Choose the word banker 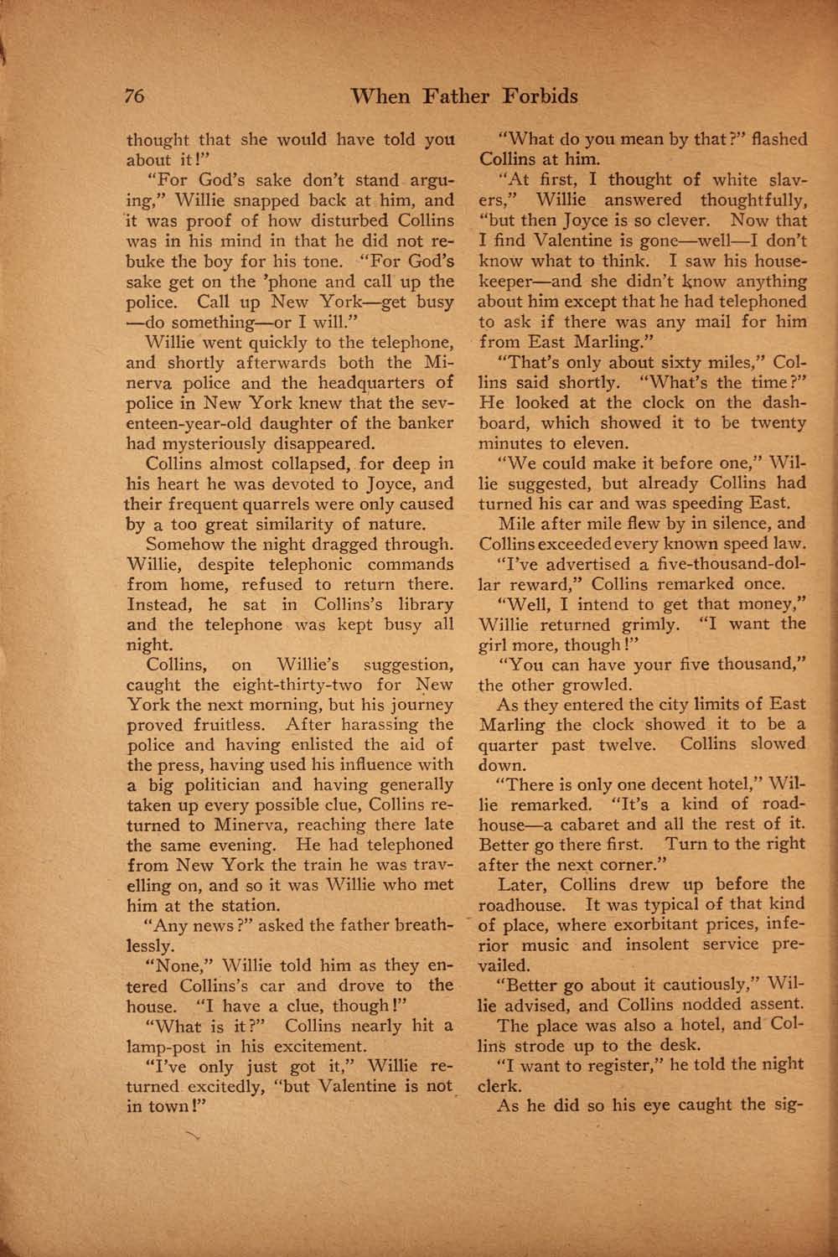click(x=425, y=423)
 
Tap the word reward click(x=535, y=584)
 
